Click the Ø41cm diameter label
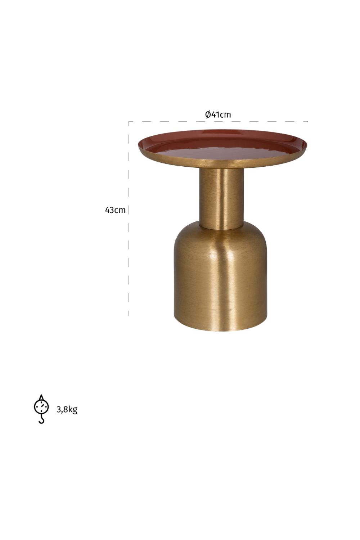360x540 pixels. [218, 114]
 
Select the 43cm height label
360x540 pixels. [115, 210]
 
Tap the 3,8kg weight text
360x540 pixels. [67, 409]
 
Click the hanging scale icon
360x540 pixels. [41, 409]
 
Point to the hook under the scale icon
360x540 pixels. [41, 419]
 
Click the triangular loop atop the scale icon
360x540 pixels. [41, 397]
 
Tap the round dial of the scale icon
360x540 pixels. [41, 406]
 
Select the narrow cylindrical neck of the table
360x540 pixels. [221, 198]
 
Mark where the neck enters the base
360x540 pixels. [221, 227]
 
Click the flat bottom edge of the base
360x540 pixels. [220, 329]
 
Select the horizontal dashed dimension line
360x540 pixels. [252, 122]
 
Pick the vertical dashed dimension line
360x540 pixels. [129, 252]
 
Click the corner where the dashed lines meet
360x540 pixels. [129, 122]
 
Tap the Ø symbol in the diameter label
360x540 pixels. [208, 114]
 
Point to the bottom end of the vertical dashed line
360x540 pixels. [129, 315]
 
